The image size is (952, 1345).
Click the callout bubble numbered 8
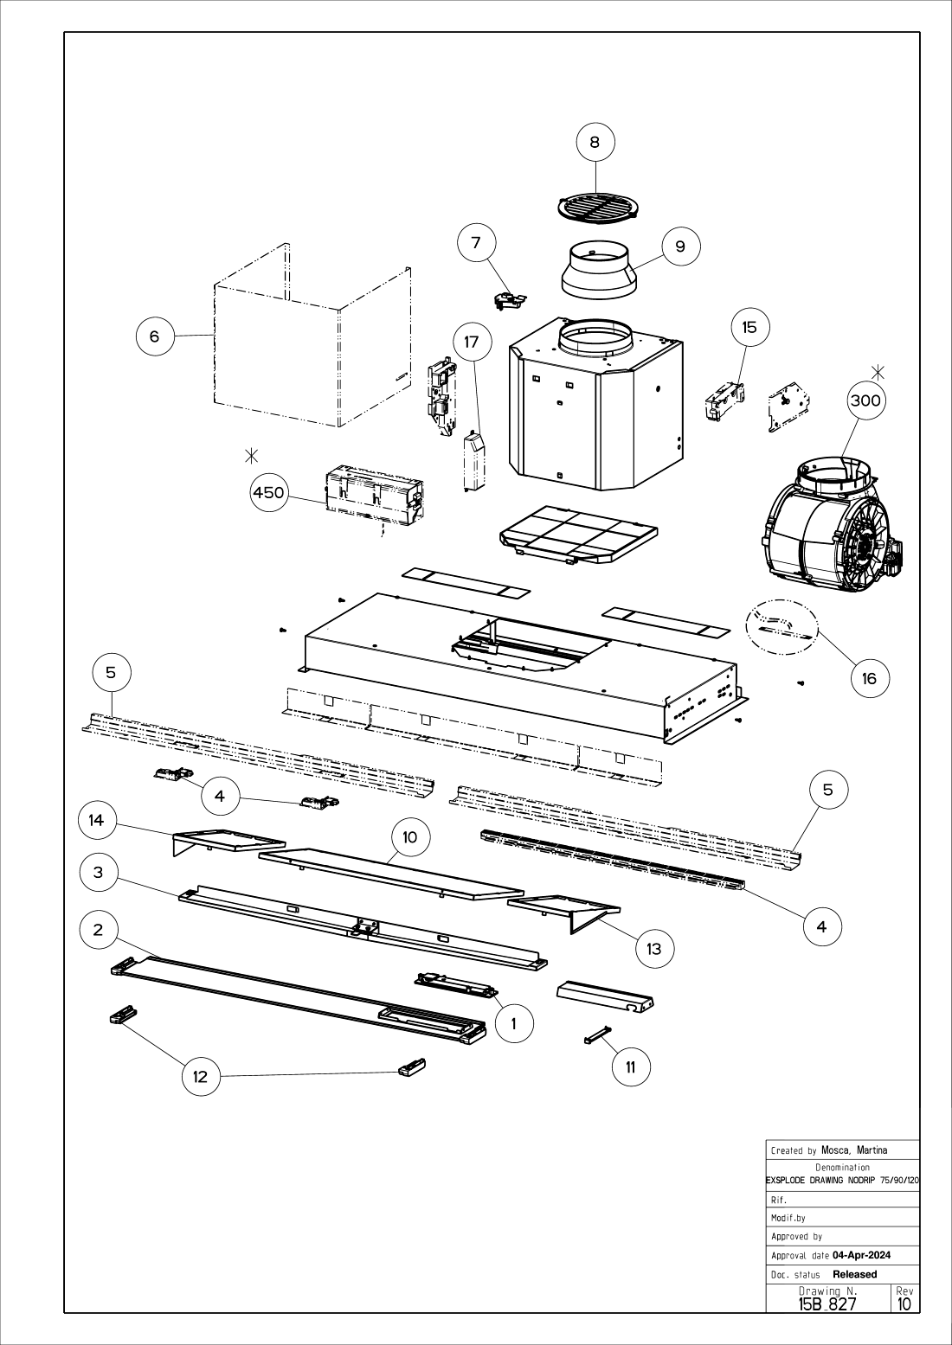(x=595, y=142)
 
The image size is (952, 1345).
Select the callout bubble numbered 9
(x=680, y=247)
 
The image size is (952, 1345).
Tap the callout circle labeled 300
(x=865, y=400)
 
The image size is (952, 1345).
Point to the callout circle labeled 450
(x=268, y=493)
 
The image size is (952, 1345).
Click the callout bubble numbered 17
(x=471, y=342)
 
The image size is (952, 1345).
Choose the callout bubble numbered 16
(x=870, y=678)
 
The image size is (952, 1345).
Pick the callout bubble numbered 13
(x=653, y=948)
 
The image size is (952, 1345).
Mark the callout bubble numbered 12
(x=201, y=1076)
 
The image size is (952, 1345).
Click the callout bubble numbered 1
(x=514, y=1024)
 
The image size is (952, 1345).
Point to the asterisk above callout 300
(x=878, y=373)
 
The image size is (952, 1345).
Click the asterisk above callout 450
(x=252, y=455)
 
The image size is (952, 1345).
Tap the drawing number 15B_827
(x=827, y=1303)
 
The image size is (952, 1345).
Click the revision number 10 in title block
(x=904, y=1303)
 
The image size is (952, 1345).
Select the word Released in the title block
(x=854, y=1274)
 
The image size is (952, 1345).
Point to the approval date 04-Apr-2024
(x=861, y=1255)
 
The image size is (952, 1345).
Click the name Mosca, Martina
(x=853, y=1150)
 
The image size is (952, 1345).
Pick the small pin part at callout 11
(x=598, y=1034)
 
